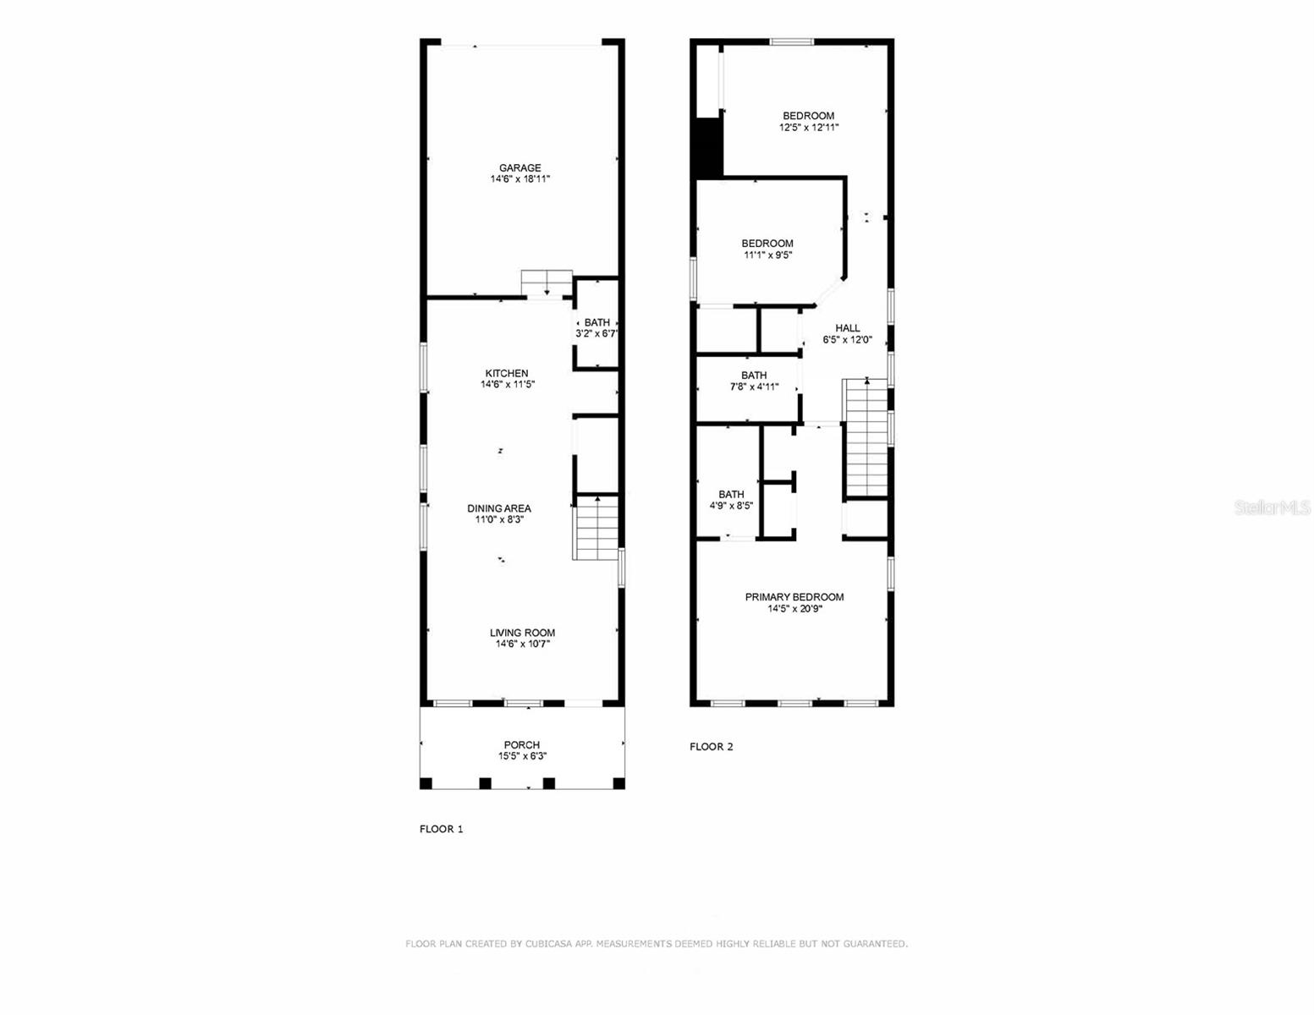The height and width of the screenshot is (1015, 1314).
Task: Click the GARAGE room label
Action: [x=520, y=168]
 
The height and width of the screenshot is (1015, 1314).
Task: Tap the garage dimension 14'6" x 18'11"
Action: [x=520, y=179]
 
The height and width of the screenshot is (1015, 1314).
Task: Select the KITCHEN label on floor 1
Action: [x=507, y=373]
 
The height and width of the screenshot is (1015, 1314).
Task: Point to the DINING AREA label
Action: [x=499, y=508]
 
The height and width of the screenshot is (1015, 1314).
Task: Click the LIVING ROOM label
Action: [x=522, y=633]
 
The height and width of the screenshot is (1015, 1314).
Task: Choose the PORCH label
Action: [x=522, y=745]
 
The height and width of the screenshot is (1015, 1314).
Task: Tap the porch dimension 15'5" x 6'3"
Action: [x=522, y=756]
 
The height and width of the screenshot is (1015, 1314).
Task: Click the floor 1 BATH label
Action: [x=597, y=322]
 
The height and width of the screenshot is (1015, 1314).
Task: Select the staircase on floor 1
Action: [x=597, y=528]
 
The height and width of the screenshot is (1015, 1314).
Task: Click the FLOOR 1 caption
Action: [x=441, y=829]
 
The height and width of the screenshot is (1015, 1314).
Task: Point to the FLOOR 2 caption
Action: [x=711, y=746]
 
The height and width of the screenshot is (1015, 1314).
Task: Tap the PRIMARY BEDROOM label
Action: [x=794, y=597]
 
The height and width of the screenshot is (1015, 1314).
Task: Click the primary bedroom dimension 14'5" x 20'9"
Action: [x=794, y=608]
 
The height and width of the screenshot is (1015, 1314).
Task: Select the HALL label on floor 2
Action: [x=847, y=328]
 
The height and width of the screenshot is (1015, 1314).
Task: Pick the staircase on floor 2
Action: [x=866, y=438]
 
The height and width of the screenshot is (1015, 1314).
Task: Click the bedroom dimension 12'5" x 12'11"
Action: [x=809, y=128]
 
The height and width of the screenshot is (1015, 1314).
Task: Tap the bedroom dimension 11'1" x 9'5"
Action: [x=767, y=255]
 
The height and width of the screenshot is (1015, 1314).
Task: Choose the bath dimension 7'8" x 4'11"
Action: [x=754, y=387]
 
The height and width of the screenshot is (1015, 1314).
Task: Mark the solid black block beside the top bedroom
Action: [x=706, y=147]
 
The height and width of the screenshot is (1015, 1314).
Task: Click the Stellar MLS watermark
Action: [x=1272, y=507]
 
